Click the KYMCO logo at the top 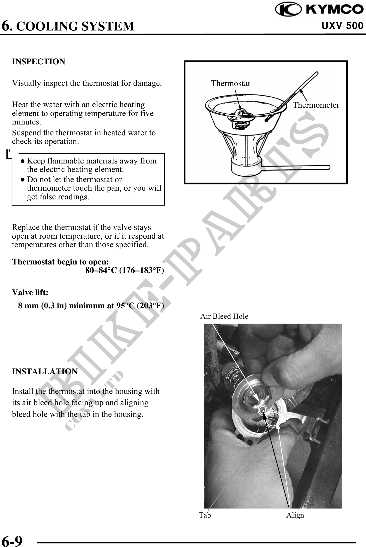click(x=319, y=10)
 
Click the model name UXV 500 click(x=342, y=26)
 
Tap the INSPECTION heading click(x=39, y=62)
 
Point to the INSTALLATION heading click(x=45, y=372)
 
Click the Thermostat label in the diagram click(x=231, y=83)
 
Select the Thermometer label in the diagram click(x=316, y=105)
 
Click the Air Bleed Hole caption click(x=224, y=316)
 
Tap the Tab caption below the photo click(x=205, y=515)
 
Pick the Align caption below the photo click(x=295, y=515)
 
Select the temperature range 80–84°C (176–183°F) click(x=125, y=270)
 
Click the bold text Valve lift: click(x=30, y=293)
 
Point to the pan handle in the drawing click(x=297, y=167)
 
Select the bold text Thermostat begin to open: click(x=60, y=262)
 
